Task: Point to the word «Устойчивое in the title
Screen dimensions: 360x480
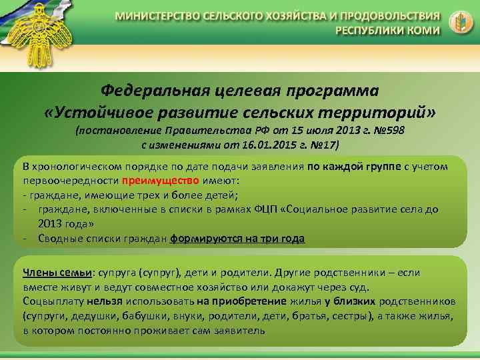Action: (x=91, y=109)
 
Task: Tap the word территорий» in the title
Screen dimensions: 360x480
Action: (x=385, y=109)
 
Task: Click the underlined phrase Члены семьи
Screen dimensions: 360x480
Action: (x=57, y=272)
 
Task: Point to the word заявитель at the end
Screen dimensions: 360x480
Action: (x=243, y=330)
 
